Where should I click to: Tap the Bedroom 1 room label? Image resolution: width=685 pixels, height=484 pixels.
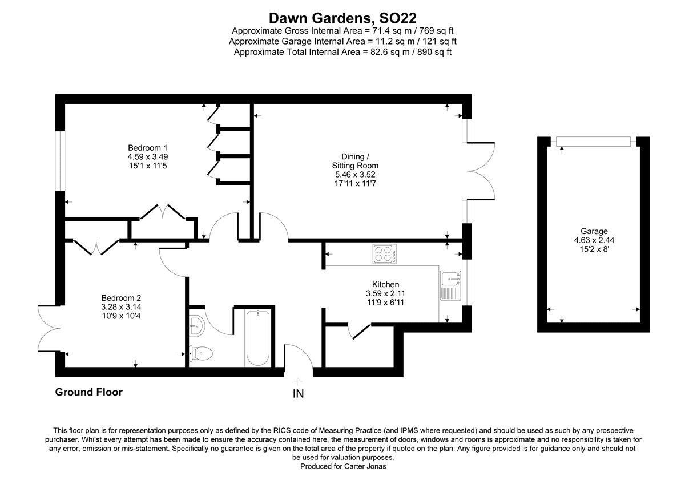coord(147,147)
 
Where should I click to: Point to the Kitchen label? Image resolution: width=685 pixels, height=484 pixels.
coord(385,284)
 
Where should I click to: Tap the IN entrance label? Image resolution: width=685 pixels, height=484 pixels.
coord(298,393)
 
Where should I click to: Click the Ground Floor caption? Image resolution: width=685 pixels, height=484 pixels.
coord(88,392)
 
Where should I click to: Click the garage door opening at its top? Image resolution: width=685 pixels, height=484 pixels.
coord(594,141)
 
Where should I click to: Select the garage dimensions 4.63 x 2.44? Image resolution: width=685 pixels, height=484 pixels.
coord(594,240)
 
